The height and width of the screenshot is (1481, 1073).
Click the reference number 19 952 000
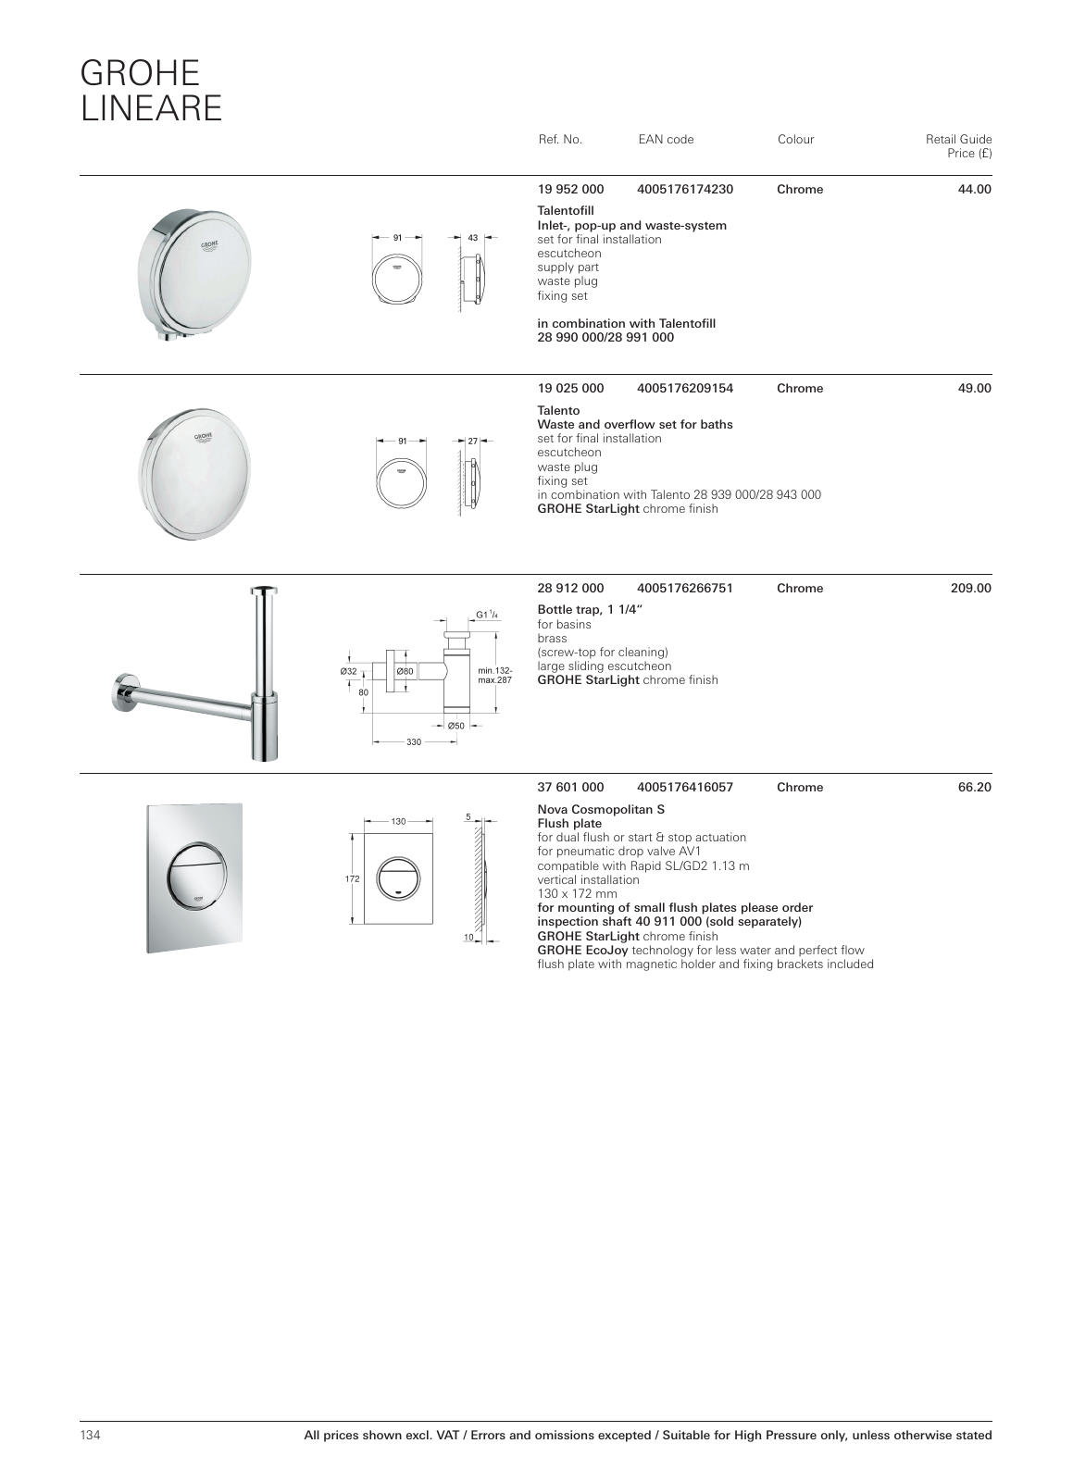click(570, 190)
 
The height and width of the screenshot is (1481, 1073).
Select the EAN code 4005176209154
click(685, 389)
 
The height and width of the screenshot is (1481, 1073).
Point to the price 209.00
click(970, 588)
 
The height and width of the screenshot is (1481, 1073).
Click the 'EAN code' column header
click(666, 140)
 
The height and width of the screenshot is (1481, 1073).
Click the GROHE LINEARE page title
click(152, 91)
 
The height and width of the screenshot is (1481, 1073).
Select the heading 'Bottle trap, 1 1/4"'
click(590, 609)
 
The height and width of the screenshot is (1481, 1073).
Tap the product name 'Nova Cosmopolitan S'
click(601, 809)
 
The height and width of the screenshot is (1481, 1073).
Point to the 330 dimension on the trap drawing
click(414, 742)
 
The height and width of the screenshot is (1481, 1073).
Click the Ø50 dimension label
click(456, 726)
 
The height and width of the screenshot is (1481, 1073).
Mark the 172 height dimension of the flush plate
click(352, 878)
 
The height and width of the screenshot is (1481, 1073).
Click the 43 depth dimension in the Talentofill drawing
click(472, 238)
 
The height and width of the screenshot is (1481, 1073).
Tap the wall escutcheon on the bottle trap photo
click(122, 693)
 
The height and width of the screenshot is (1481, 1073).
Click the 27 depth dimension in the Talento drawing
click(472, 441)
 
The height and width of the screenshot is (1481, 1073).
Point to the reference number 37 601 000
click(570, 788)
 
